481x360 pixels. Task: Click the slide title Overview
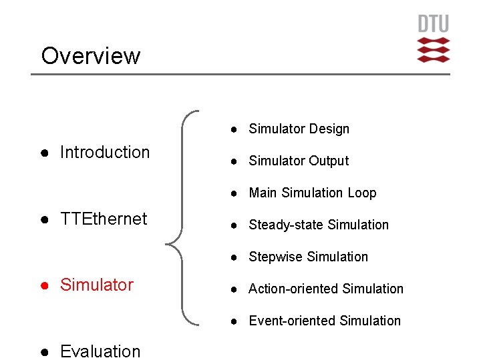click(x=91, y=55)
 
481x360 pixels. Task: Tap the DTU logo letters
click(x=433, y=25)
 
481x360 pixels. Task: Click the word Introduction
click(x=105, y=152)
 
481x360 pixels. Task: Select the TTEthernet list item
click(x=104, y=219)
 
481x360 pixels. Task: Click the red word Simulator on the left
click(x=97, y=285)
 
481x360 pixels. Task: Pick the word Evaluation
click(x=100, y=351)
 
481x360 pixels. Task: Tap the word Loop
click(x=361, y=193)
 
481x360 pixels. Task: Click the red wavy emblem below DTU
click(x=433, y=50)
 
